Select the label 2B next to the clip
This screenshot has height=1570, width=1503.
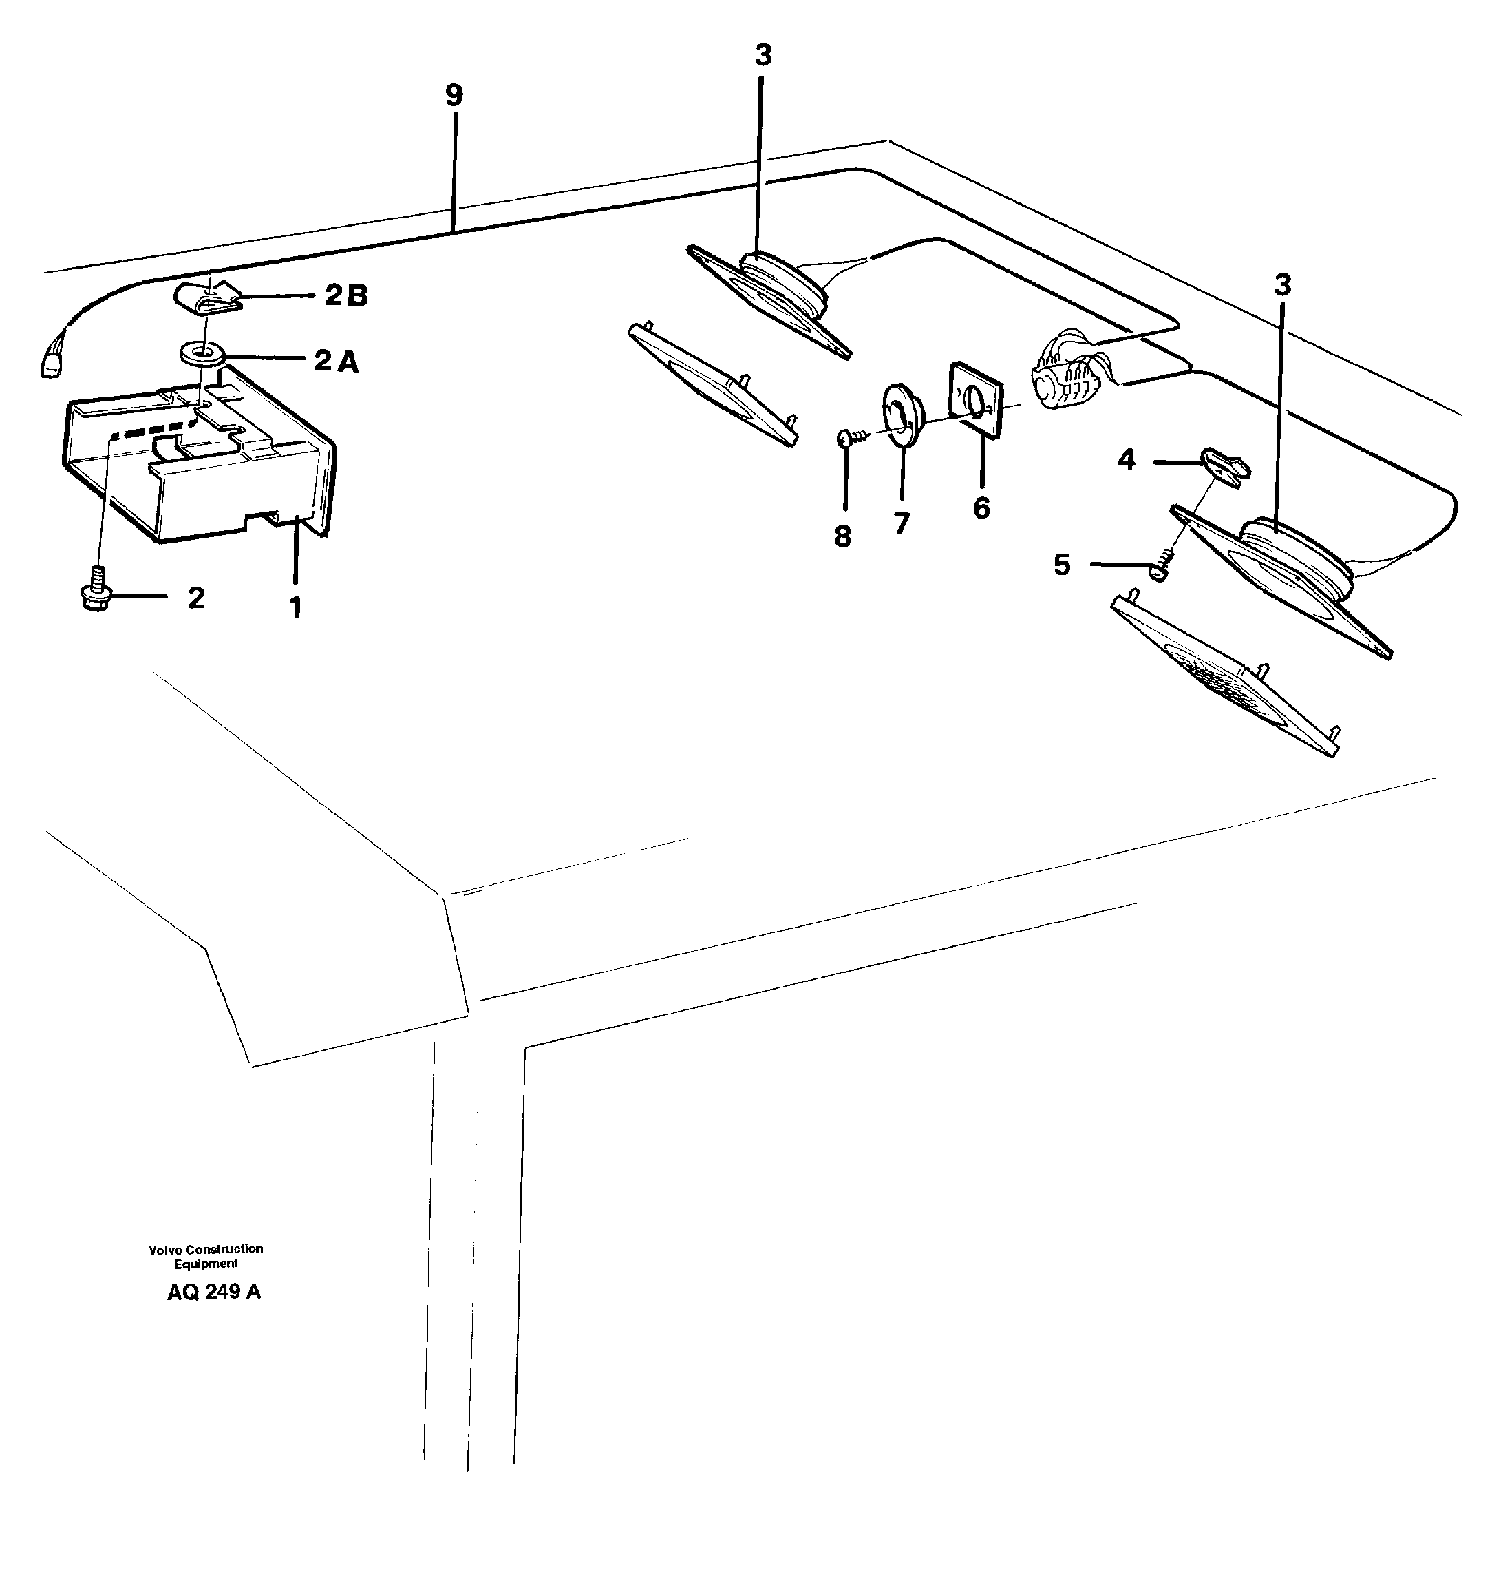[x=346, y=295]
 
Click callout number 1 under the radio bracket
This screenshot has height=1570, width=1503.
[x=295, y=607]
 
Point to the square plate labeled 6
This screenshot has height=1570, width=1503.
[x=975, y=398]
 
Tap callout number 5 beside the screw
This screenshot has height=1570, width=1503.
[x=1062, y=565]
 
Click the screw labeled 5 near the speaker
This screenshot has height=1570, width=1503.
[x=1160, y=567]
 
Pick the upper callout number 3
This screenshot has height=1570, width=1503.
[x=763, y=56]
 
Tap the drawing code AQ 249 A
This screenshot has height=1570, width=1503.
[x=214, y=1292]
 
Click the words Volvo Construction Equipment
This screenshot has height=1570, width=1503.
[x=206, y=1256]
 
